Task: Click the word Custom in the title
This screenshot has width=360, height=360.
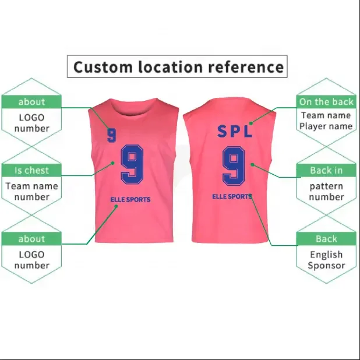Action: coord(103,67)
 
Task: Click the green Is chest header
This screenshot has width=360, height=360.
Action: coord(31,170)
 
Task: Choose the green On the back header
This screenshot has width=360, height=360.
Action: coord(326,102)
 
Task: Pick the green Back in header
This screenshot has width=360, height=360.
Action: coord(326,170)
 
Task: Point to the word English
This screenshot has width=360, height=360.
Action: coord(326,255)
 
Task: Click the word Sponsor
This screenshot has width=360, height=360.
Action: coord(326,266)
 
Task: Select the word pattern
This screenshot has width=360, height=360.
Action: coord(326,186)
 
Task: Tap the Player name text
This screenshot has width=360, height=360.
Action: coord(326,126)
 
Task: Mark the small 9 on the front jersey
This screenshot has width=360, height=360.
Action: coord(112,135)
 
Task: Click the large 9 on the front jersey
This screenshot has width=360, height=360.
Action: coord(132,164)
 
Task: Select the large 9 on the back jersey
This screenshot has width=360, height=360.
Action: coord(234,165)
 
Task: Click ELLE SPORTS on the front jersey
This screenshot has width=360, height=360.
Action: coord(130,200)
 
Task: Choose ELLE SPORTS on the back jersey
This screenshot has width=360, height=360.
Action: coord(231,197)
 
